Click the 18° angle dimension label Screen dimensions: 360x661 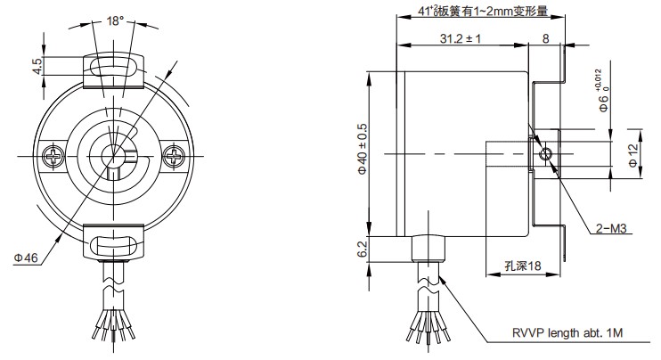click(x=115, y=20)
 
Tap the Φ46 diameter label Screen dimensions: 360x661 click(x=25, y=258)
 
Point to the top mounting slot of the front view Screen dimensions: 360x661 click(x=113, y=67)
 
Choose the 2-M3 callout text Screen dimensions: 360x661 click(x=612, y=229)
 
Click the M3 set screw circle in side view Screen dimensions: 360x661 click(x=546, y=154)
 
